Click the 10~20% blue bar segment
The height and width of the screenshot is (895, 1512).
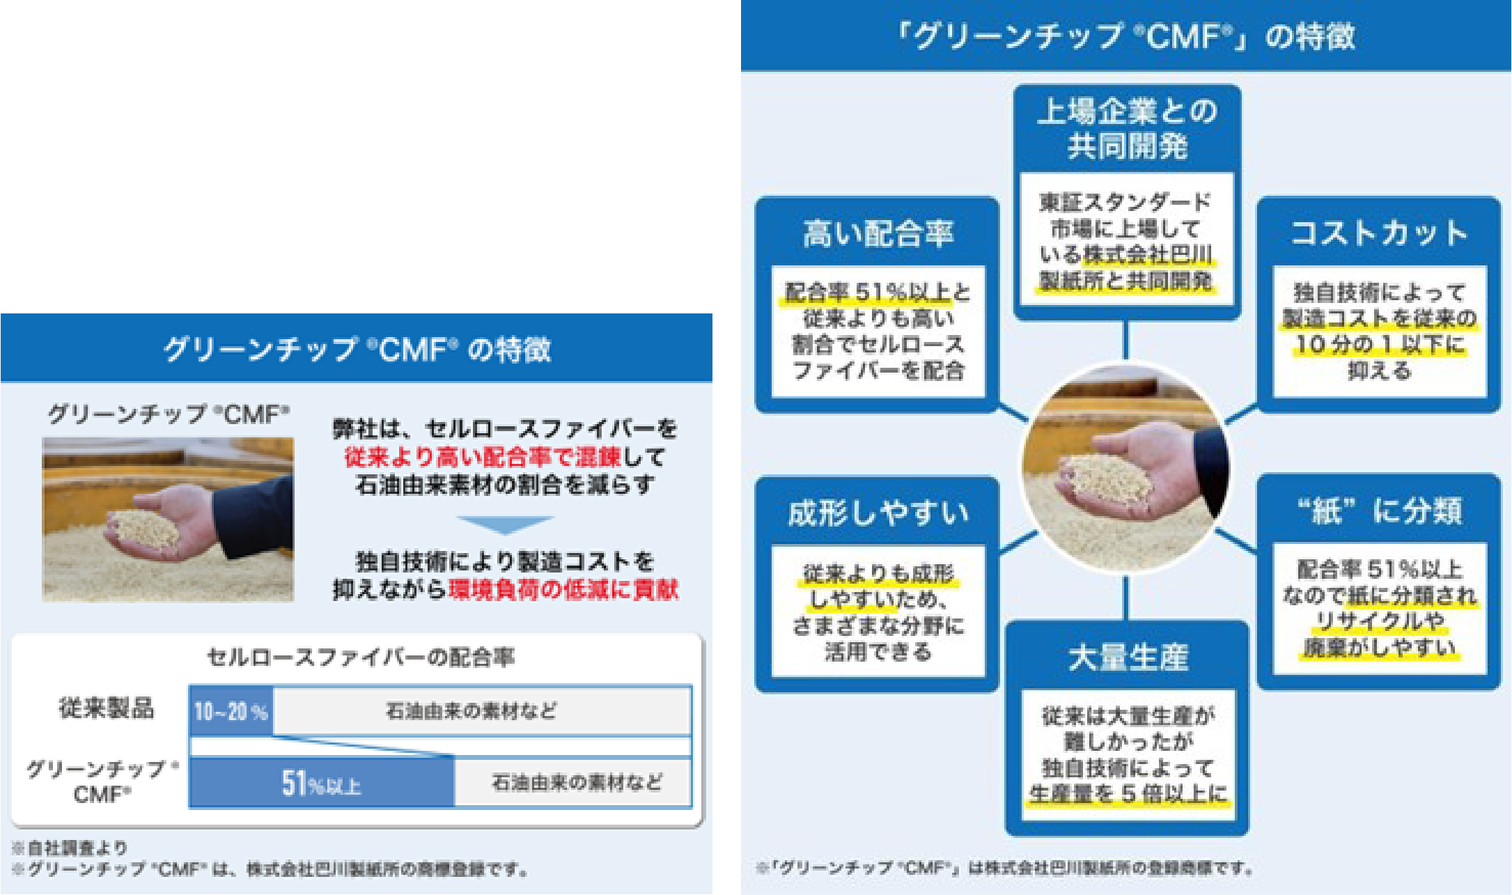click(231, 711)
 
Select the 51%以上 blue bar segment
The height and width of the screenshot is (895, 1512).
click(321, 784)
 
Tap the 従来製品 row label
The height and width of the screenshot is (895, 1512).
click(106, 708)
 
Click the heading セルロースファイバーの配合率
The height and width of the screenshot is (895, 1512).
click(361, 657)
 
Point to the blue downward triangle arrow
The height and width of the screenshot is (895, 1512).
click(504, 524)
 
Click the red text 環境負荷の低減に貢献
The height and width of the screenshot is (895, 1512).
click(563, 590)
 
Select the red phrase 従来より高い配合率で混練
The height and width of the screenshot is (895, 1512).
click(481, 457)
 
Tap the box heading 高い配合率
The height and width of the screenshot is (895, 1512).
click(878, 233)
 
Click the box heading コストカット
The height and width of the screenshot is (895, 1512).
click(1378, 233)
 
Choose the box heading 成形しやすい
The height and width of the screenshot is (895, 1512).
click(878, 513)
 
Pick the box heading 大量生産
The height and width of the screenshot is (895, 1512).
click(1128, 657)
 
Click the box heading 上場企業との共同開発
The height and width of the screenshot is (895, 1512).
click(1127, 129)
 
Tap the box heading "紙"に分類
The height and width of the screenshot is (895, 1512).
click(1378, 511)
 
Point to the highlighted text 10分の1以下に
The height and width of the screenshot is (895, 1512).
click(1379, 344)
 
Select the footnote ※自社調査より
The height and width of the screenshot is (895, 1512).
click(70, 848)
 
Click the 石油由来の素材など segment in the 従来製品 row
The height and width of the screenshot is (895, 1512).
click(471, 711)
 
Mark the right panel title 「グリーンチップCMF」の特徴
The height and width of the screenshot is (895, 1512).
click(1126, 36)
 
